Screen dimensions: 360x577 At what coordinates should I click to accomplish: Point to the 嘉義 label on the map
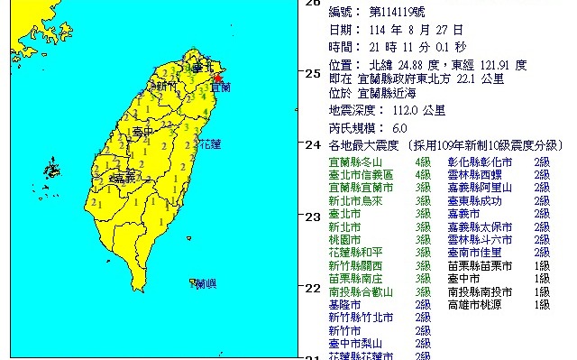click(117, 180)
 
